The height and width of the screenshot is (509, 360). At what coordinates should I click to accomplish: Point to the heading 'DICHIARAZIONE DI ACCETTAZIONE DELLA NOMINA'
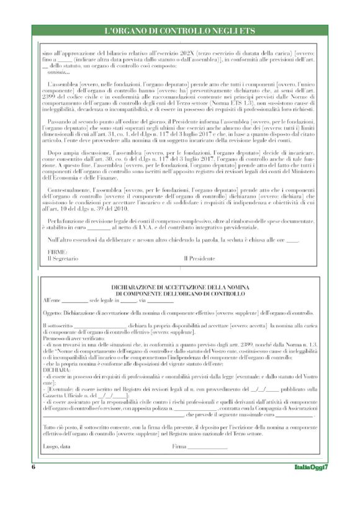coord(180,287)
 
